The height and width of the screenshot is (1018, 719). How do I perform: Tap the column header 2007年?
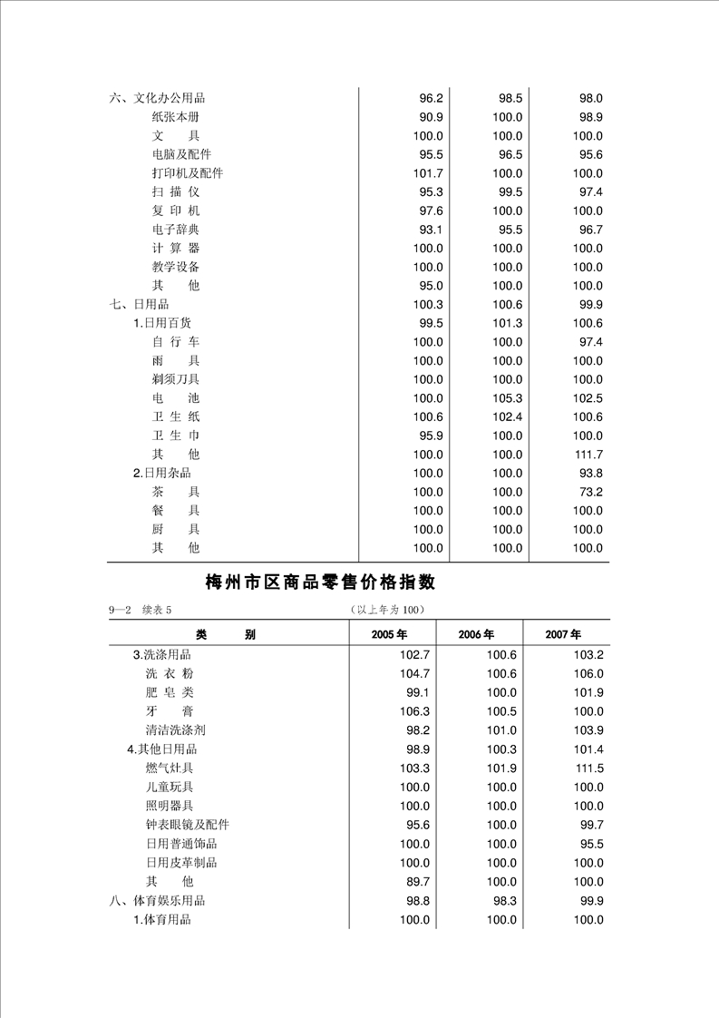pos(563,634)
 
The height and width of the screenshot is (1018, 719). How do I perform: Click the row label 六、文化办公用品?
pos(156,98)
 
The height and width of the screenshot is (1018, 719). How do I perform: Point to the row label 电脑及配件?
pos(181,154)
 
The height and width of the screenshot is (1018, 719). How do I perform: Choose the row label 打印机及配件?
pos(187,173)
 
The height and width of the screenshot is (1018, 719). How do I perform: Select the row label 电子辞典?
pos(175,230)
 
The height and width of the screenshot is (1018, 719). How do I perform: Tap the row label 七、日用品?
pos(139,305)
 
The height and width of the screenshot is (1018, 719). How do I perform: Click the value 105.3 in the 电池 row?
pos(507,398)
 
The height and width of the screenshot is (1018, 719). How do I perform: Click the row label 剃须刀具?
pos(175,379)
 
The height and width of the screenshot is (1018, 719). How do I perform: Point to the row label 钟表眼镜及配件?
pos(187,825)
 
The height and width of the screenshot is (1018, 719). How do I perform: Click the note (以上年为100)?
pos(386,609)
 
